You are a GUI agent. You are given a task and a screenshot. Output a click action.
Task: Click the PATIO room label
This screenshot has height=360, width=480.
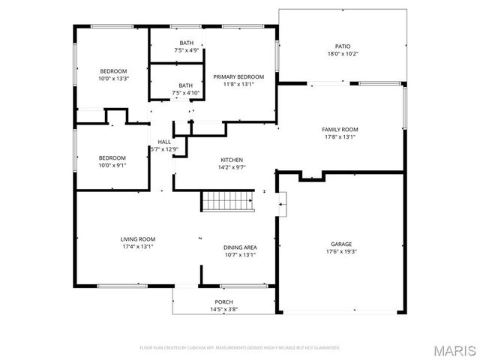(x=342, y=46)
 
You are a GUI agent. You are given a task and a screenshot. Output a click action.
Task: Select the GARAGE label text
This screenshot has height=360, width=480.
(x=341, y=244)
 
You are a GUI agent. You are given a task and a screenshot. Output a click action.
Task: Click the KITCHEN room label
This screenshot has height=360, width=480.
(x=231, y=160)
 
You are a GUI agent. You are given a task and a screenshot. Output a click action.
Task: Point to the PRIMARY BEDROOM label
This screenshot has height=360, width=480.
(x=238, y=77)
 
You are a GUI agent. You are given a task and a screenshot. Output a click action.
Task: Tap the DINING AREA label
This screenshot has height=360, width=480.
(x=240, y=247)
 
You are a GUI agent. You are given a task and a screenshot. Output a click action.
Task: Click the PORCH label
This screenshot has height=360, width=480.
(x=224, y=302)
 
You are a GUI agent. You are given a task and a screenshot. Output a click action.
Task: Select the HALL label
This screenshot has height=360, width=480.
(x=163, y=142)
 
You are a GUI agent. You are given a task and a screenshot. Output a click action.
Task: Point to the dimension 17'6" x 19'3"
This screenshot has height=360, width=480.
(x=341, y=253)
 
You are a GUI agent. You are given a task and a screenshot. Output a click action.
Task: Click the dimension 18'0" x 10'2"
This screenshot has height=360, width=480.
(x=342, y=54)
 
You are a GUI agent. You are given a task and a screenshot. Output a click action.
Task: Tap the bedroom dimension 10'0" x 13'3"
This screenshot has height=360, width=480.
(x=114, y=79)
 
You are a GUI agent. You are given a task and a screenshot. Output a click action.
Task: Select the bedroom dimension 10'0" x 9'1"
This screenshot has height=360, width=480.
(x=112, y=166)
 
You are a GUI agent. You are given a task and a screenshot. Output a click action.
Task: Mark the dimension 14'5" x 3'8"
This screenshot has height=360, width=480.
(x=224, y=310)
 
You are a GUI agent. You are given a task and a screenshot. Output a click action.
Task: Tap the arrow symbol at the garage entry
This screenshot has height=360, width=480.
(x=282, y=203)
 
